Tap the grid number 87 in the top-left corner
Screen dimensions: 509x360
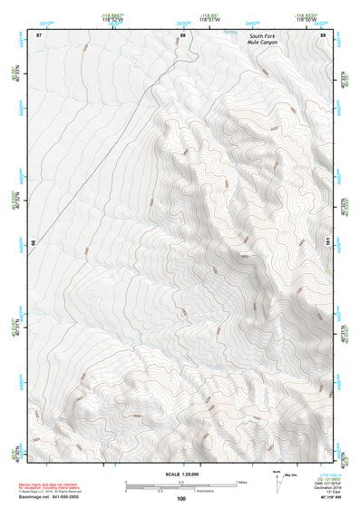[x=39, y=34]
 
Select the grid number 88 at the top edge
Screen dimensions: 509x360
[x=182, y=34]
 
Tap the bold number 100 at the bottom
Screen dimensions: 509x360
[x=181, y=499]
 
